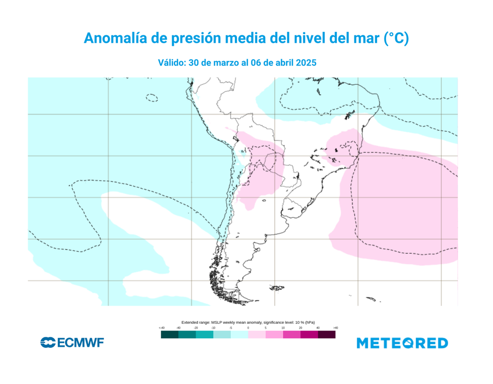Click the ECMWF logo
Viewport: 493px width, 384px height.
72,343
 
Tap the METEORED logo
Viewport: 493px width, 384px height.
402,343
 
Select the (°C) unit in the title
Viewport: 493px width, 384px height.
396,38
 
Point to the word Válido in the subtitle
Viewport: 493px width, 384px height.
172,63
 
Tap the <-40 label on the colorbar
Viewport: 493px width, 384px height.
161,328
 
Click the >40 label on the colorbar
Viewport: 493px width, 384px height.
335,328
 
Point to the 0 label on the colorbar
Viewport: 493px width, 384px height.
248,328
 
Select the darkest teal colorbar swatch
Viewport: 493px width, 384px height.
169,334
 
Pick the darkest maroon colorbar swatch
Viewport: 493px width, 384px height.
326,334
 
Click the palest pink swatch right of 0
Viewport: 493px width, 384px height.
257,334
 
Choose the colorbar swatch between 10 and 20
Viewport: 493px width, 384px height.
292,334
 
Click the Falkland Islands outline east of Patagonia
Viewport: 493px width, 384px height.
277,288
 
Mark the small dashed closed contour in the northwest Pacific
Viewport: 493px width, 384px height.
152,98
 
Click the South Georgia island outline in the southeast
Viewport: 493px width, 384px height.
370,299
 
